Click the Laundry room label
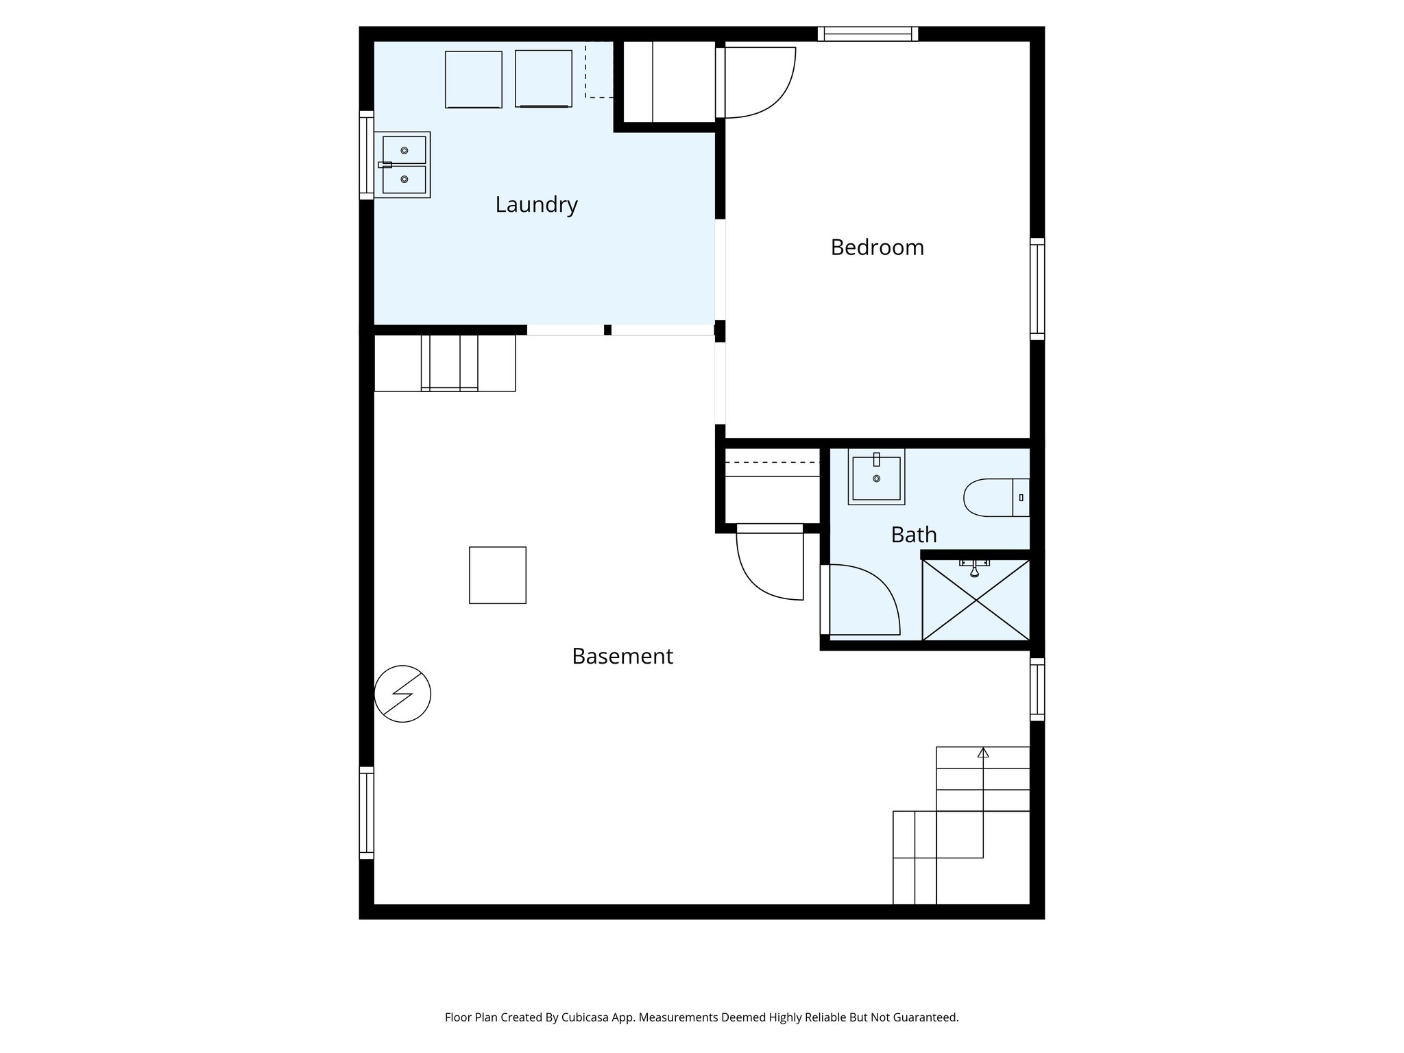[x=536, y=205]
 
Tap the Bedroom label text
[x=877, y=247]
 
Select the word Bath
[x=913, y=535]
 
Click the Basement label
[x=622, y=657]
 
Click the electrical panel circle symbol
[x=402, y=694]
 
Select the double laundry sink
[x=404, y=165]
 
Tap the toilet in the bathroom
[x=995, y=498]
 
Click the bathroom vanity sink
[x=876, y=476]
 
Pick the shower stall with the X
[x=976, y=601]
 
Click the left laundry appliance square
[x=473, y=80]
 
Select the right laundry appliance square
[x=543, y=79]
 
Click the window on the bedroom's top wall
[x=867, y=34]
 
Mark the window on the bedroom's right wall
[x=1037, y=289]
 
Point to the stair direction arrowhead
[x=983, y=753]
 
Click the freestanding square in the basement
[x=497, y=575]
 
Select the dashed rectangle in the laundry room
[x=598, y=70]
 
